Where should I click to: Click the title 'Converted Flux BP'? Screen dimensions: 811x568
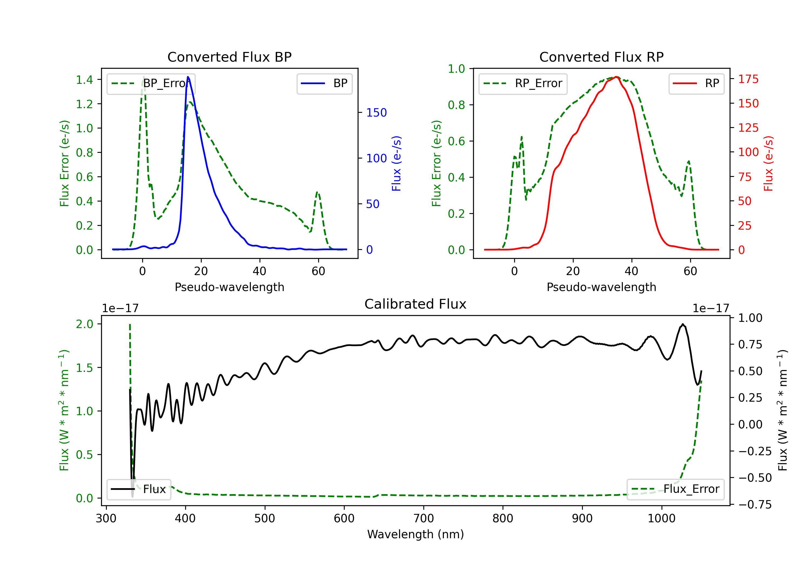pyautogui.click(x=230, y=57)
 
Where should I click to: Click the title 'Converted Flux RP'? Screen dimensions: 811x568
pyautogui.click(x=601, y=57)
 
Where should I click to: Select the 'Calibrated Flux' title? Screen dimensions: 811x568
pyautogui.click(x=416, y=304)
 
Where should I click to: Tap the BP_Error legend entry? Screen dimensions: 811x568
pyautogui.click(x=151, y=83)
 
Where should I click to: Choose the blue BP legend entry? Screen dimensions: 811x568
pyautogui.click(x=324, y=83)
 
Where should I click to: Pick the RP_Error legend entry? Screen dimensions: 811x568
pyautogui.click(x=523, y=83)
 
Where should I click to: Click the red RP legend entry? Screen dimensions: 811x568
pyautogui.click(x=696, y=83)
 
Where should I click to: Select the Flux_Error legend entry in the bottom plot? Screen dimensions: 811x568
pyautogui.click(x=675, y=489)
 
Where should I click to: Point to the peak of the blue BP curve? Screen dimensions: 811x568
pyautogui.click(x=188, y=77)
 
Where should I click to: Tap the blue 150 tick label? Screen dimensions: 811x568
pyautogui.click(x=377, y=113)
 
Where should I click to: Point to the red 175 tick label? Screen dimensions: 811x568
pyautogui.click(x=749, y=79)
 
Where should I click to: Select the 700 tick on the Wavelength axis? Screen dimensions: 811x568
pyautogui.click(x=424, y=519)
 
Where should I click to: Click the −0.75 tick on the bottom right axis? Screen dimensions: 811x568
pyautogui.click(x=755, y=504)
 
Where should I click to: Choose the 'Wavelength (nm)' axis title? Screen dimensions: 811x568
pyautogui.click(x=416, y=534)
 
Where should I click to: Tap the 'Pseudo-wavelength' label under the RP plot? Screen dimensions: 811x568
pyautogui.click(x=601, y=287)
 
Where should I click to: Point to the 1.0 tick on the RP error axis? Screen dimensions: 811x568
pyautogui.click(x=456, y=69)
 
